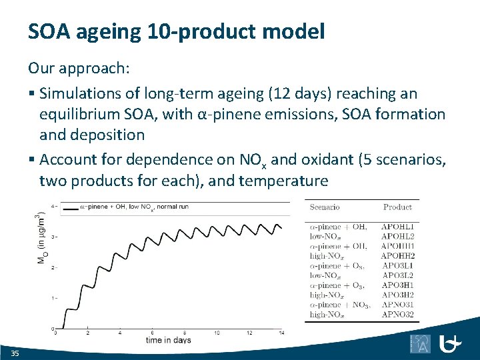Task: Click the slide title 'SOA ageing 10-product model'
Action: (x=176, y=31)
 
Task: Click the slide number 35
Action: (x=15, y=352)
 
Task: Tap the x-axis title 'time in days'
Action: (x=169, y=340)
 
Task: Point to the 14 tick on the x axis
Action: (x=281, y=332)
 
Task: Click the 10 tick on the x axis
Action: (x=217, y=332)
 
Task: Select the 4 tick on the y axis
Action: (x=53, y=207)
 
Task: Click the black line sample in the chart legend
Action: (x=69, y=207)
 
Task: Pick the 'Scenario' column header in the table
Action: (x=325, y=207)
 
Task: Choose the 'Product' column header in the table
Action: (x=397, y=207)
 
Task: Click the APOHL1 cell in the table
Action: (x=397, y=227)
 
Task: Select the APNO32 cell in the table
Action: (x=397, y=314)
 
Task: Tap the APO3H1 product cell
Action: (x=397, y=285)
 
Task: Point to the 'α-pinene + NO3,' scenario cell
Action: (x=338, y=305)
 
